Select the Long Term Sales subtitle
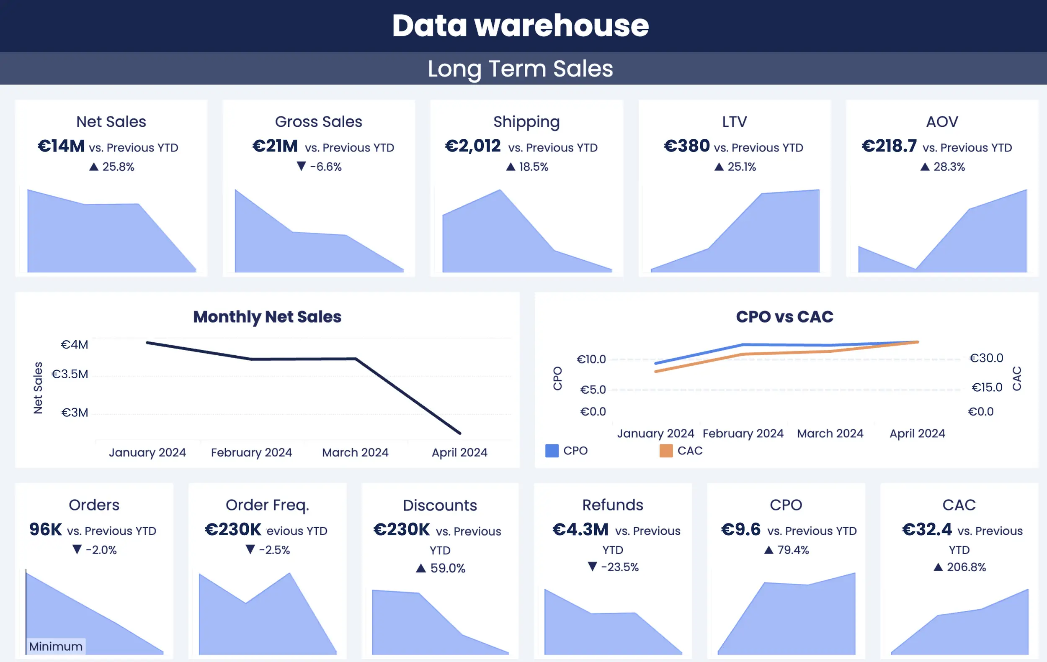click(x=520, y=69)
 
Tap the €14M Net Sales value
click(x=61, y=146)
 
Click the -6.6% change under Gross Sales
click(x=325, y=167)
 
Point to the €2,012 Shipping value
click(x=473, y=146)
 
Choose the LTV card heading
click(x=735, y=122)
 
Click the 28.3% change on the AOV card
click(x=949, y=167)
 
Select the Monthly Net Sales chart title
click(x=267, y=317)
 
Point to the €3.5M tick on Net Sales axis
click(x=70, y=374)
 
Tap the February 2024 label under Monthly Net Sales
click(x=251, y=452)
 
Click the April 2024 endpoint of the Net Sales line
click(x=459, y=433)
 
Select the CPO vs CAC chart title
click(x=784, y=317)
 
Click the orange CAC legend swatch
click(x=665, y=451)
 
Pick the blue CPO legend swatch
click(x=552, y=451)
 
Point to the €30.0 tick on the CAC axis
click(x=986, y=358)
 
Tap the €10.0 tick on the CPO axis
click(x=591, y=359)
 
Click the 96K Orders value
click(x=46, y=529)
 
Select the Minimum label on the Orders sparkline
click(x=56, y=647)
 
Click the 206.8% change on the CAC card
click(x=966, y=567)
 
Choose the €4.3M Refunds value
click(x=580, y=529)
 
